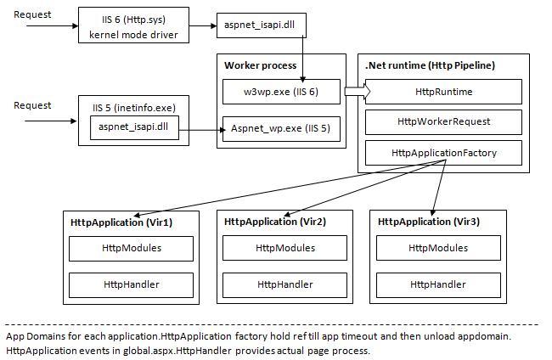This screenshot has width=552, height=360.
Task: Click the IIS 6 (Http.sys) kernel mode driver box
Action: point(132,25)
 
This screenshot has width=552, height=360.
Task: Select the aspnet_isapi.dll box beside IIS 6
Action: point(261,26)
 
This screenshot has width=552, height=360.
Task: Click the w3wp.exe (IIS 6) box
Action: point(281,92)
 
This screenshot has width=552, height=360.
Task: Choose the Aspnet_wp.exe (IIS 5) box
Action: point(280,129)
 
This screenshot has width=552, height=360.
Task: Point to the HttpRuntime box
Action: point(443,92)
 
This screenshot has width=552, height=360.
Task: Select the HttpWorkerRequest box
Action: point(443,121)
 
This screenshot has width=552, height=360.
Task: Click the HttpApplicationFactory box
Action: point(443,153)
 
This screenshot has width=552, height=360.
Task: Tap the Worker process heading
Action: point(261,65)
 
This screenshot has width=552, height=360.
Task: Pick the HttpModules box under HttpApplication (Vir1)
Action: point(131,248)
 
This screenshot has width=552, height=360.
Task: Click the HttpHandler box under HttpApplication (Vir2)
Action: point(284,284)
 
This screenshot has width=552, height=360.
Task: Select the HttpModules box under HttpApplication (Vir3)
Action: point(437,248)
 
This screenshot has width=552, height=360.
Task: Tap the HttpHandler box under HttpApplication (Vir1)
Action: point(131,284)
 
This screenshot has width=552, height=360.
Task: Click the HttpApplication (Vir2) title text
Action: point(274,222)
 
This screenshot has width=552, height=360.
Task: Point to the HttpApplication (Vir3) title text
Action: point(427,222)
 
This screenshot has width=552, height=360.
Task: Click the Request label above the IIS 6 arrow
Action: point(32,14)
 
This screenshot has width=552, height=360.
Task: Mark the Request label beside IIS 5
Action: point(32,105)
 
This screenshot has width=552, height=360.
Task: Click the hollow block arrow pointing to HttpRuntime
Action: point(354,92)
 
